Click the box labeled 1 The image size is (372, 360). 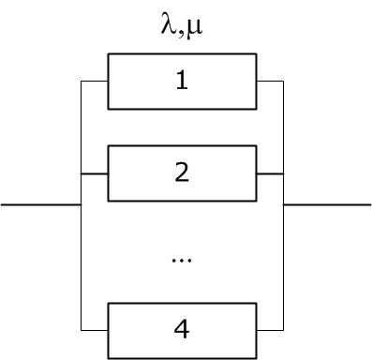[182, 82]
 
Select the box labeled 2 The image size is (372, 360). [182, 173]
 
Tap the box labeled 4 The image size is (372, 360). [182, 330]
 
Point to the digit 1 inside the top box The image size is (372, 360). [182, 82]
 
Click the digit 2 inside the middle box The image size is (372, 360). [182, 173]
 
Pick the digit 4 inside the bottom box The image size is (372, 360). [182, 330]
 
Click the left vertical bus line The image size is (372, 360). [82, 234]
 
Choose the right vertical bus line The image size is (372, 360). [283, 234]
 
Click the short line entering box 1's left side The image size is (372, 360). [95, 82]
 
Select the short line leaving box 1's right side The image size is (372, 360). [270, 82]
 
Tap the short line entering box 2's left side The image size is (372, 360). [95, 173]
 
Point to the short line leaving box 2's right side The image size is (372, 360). [270, 173]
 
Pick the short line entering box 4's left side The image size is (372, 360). [95, 330]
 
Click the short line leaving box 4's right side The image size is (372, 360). [270, 330]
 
